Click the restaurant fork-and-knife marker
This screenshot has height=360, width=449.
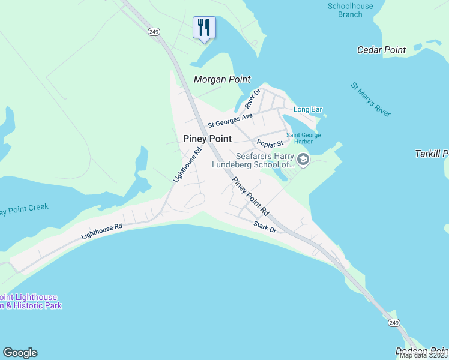(204, 27)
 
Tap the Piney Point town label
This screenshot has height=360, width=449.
(207, 139)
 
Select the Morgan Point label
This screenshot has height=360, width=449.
(222, 80)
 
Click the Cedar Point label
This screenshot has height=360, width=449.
(381, 50)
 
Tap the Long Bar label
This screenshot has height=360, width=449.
(308, 110)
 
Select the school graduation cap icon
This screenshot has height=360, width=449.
(303, 160)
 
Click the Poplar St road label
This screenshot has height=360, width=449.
(270, 143)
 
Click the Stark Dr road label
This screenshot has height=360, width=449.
(265, 227)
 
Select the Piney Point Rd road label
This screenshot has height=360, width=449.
(250, 197)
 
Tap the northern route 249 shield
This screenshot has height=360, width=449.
(154, 32)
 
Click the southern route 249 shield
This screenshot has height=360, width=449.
(394, 323)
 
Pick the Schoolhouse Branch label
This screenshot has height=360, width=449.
(350, 10)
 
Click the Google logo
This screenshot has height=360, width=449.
(20, 353)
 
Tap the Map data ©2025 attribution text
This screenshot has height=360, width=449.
(423, 355)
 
